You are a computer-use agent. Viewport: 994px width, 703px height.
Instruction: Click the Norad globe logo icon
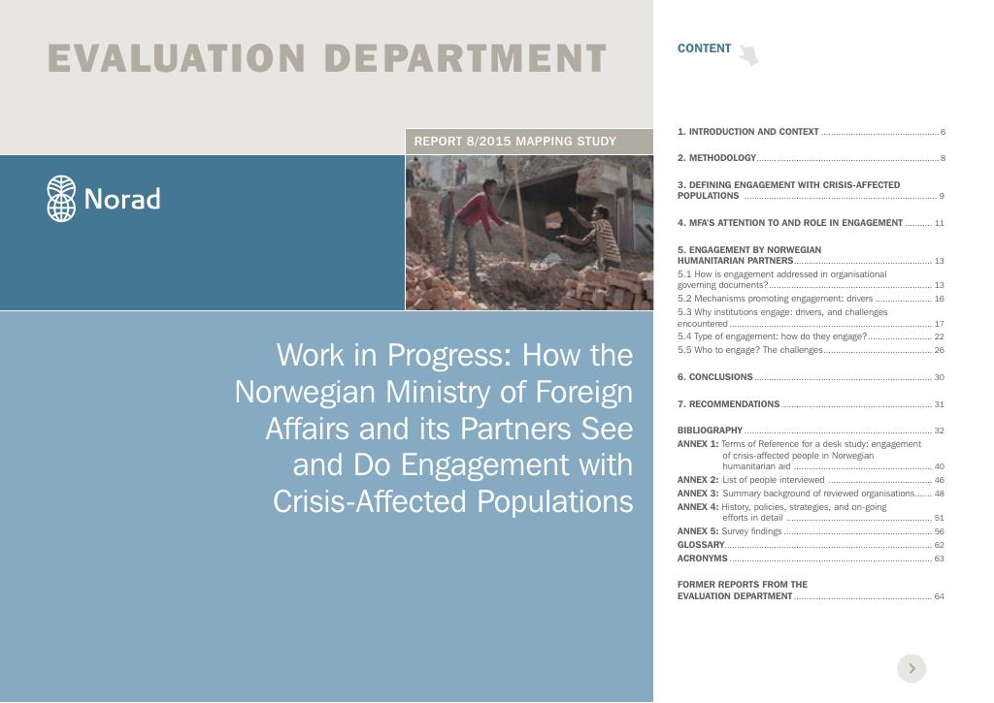pos(61,198)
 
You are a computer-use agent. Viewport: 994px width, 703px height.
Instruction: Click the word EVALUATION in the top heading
pos(177,58)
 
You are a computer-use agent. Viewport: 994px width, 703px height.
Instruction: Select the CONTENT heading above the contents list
pos(704,48)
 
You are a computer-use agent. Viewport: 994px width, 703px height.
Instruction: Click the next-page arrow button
pos(911,668)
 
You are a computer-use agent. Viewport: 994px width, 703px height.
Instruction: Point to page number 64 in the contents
pos(939,596)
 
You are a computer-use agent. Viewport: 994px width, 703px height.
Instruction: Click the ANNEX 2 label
pos(698,480)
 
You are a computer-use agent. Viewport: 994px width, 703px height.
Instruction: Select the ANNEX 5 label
pos(698,531)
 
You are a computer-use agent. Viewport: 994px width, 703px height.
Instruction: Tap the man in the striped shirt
pos(595,236)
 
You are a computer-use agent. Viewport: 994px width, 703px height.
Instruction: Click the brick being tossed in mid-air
pos(554,219)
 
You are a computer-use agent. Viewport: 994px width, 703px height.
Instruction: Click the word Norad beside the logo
pos(122,199)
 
